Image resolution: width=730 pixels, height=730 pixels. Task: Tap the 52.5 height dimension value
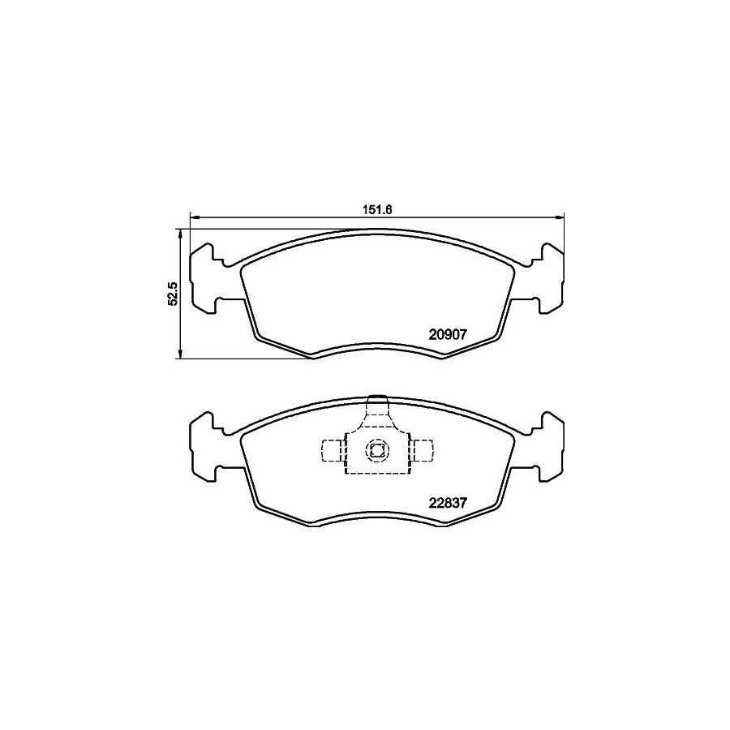pyautogui.click(x=171, y=293)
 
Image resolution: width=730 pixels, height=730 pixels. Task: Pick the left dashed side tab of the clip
pyautogui.click(x=333, y=449)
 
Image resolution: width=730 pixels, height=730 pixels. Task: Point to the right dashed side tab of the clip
pyautogui.click(x=422, y=449)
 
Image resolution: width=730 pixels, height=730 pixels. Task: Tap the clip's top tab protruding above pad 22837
pyautogui.click(x=376, y=402)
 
